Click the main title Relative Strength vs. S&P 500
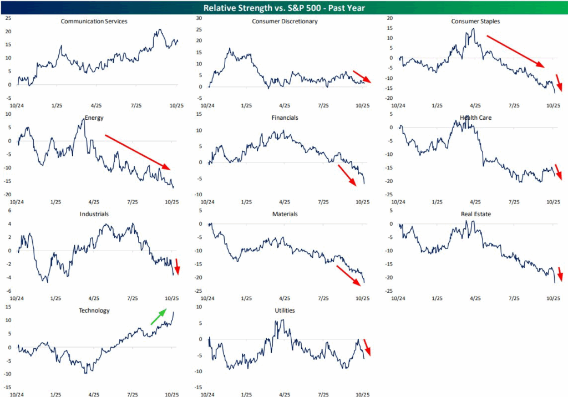pos(284,7)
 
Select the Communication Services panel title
pos(94,22)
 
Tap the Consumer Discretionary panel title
pos(285,22)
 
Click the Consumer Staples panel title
pos(475,22)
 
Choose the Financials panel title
pos(285,118)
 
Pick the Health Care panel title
pos(475,118)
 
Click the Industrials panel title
pos(94,213)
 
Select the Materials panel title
pos(285,213)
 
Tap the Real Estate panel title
pos(475,213)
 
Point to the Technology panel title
pos(94,311)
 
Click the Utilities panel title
pos(285,311)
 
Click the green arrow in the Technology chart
pos(158,317)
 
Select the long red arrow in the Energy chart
pos(138,151)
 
